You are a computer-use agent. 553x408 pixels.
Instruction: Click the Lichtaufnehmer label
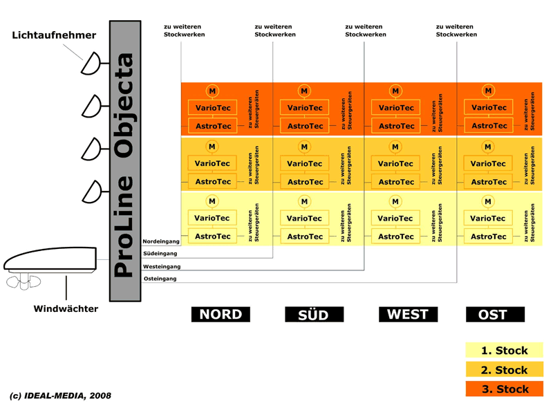[x=54, y=35]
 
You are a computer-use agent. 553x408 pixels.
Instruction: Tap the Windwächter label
[x=66, y=309]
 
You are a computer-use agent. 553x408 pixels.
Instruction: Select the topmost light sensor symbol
[x=91, y=63]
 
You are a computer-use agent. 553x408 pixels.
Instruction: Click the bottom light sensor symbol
[x=92, y=192]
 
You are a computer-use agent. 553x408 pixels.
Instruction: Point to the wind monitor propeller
[x=24, y=282]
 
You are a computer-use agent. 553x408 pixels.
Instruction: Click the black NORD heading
[x=221, y=314]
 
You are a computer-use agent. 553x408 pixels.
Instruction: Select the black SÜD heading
[x=315, y=314]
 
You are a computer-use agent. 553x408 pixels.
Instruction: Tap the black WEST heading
[x=408, y=314]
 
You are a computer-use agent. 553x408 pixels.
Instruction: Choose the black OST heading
[x=495, y=314]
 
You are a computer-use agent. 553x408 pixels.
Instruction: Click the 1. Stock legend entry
[x=505, y=350]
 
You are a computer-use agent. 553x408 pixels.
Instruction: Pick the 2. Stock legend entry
[x=505, y=369]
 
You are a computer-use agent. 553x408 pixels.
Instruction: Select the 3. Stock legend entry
[x=505, y=389]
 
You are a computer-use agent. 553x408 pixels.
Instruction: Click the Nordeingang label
[x=161, y=241]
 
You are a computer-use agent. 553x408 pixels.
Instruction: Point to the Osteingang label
[x=160, y=279]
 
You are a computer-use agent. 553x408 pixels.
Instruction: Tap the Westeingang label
[x=162, y=266]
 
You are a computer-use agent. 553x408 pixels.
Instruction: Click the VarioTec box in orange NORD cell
[x=213, y=108]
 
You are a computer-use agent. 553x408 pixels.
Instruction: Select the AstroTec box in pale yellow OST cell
[x=489, y=237]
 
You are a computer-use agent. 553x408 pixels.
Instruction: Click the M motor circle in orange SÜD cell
[x=304, y=91]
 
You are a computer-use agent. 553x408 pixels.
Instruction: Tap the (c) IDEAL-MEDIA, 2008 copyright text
[x=60, y=396]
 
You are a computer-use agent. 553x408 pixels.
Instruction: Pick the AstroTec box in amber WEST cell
[x=396, y=182]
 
